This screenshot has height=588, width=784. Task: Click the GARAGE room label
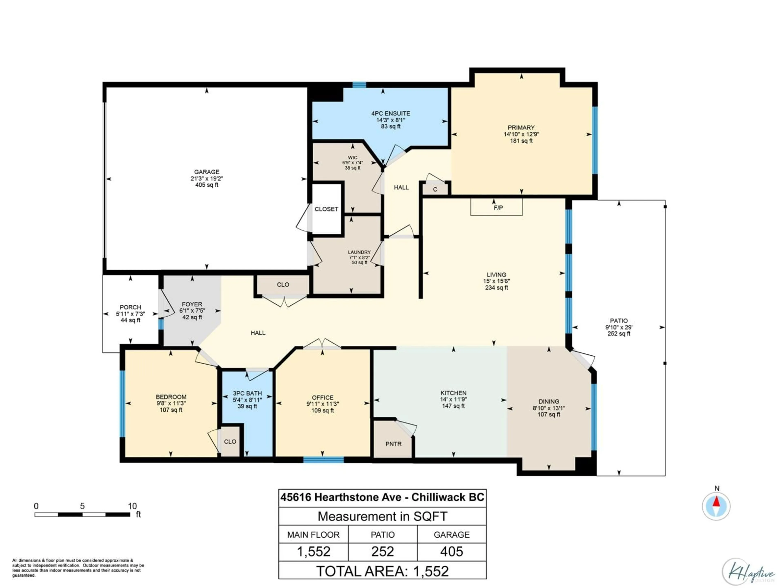pyautogui.click(x=207, y=172)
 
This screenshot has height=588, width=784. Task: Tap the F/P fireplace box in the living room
pyautogui.click(x=496, y=207)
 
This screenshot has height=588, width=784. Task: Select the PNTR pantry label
pyautogui.click(x=393, y=444)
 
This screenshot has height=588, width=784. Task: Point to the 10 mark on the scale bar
pyautogui.click(x=132, y=506)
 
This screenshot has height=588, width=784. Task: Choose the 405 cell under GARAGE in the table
pyautogui.click(x=452, y=551)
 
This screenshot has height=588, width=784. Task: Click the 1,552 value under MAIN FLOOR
pyautogui.click(x=313, y=551)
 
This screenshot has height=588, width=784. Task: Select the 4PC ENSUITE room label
pyautogui.click(x=391, y=114)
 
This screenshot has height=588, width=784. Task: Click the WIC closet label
pyautogui.click(x=352, y=158)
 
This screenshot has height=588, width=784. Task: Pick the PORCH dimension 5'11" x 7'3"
pyautogui.click(x=130, y=314)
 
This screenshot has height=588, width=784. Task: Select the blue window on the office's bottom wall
pyautogui.click(x=323, y=460)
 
